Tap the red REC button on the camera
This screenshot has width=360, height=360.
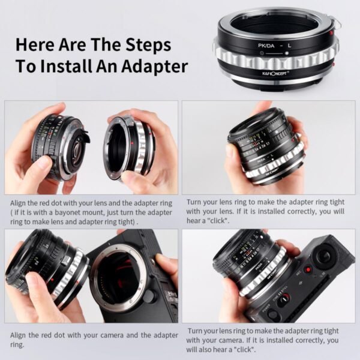pyautogui.click(x=307, y=269)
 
